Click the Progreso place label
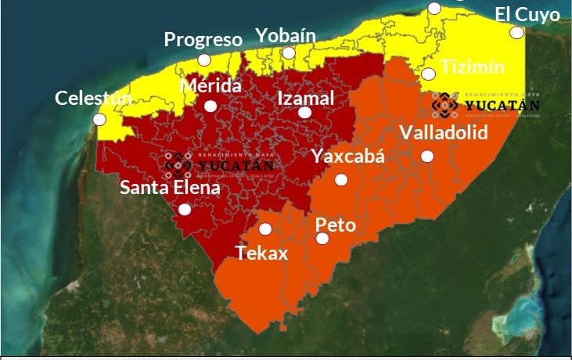[203, 39]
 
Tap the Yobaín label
[286, 35]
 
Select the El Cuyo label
[527, 14]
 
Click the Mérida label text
[210, 85]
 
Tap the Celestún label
[93, 99]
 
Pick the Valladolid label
[444, 131]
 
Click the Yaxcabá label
[348, 156]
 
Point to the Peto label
[335, 225]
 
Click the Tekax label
[262, 253]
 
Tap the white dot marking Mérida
[210, 106]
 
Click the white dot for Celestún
[99, 120]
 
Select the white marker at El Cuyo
[516, 32]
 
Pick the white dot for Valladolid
[427, 156]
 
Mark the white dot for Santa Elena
[185, 209]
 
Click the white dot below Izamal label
[304, 113]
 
